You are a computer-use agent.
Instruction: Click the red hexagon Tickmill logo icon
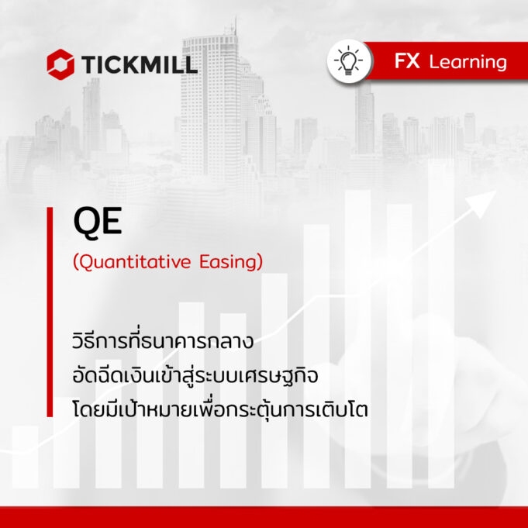pyautogui.click(x=60, y=64)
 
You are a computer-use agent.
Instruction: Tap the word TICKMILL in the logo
pyautogui.click(x=139, y=64)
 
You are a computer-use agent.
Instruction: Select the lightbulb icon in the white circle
pyautogui.click(x=349, y=61)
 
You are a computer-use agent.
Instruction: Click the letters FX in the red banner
pyautogui.click(x=407, y=61)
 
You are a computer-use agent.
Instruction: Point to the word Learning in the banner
pyautogui.click(x=468, y=63)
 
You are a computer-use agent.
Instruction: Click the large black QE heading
pyautogui.click(x=98, y=222)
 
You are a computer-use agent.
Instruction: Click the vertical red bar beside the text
pyautogui.click(x=50, y=312)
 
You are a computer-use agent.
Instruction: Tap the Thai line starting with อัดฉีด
pyautogui.click(x=195, y=375)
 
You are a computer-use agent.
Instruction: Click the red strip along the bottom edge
pyautogui.click(x=264, y=517)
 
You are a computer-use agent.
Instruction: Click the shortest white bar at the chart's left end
pyautogui.click(x=26, y=457)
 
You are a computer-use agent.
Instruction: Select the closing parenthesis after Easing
pyautogui.click(x=259, y=263)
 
